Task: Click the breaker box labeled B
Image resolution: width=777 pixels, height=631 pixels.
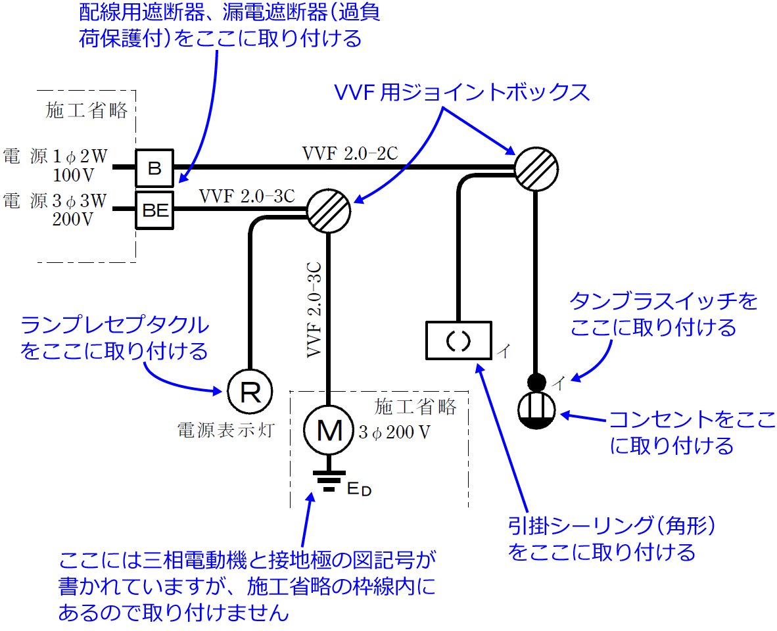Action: pyautogui.click(x=154, y=168)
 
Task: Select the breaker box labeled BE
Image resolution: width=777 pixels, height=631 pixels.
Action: pyautogui.click(x=155, y=210)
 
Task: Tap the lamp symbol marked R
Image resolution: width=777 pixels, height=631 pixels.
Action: pyautogui.click(x=249, y=392)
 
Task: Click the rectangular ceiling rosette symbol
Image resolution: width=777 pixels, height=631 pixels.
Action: pyautogui.click(x=459, y=340)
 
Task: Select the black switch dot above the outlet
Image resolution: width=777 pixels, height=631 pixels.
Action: pyautogui.click(x=537, y=381)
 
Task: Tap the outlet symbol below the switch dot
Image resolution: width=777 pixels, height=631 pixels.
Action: pyautogui.click(x=537, y=411)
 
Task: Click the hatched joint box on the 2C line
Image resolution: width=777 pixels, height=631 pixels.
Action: pyautogui.click(x=536, y=168)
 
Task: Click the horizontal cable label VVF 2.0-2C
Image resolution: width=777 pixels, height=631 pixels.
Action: pyautogui.click(x=350, y=153)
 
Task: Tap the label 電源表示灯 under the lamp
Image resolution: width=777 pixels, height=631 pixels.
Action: pyautogui.click(x=225, y=431)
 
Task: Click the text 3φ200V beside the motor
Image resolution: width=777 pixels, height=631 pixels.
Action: pyautogui.click(x=394, y=433)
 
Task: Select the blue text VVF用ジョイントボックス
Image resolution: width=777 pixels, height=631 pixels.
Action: pyautogui.click(x=462, y=93)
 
